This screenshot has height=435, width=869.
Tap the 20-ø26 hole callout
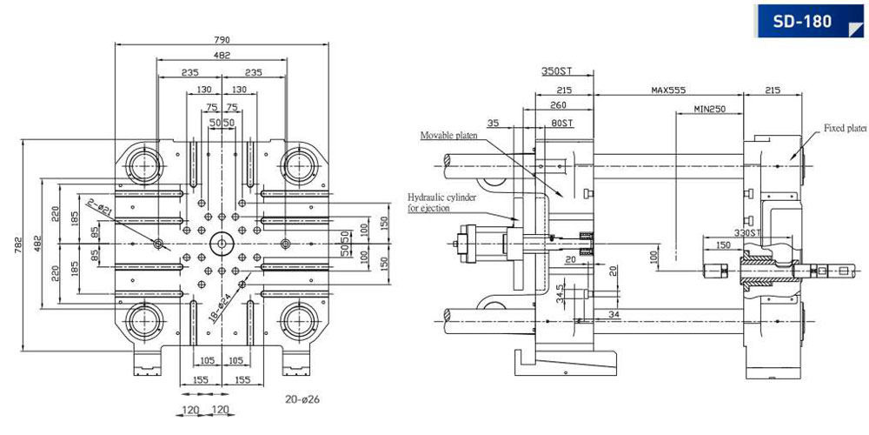coord(303,399)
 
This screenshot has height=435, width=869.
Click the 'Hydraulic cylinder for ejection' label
coord(441,203)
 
